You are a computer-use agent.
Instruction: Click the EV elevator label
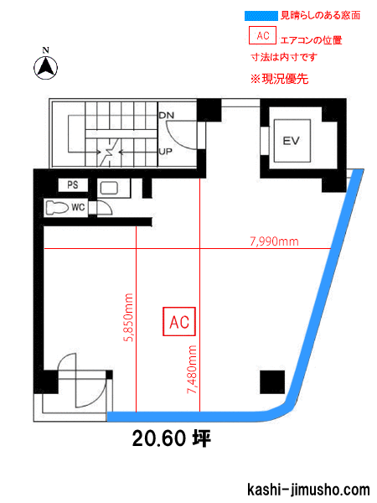click(291, 141)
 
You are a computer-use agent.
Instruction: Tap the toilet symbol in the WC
click(57, 208)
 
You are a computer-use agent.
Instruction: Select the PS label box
click(73, 184)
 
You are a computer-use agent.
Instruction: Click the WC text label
click(78, 208)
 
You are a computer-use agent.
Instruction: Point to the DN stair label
click(167, 116)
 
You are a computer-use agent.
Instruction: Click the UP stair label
click(166, 152)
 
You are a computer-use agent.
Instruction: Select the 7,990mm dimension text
click(275, 241)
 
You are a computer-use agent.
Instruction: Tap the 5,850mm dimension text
click(128, 317)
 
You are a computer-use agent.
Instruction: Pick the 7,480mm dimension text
click(192, 370)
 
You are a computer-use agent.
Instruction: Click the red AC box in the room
click(179, 322)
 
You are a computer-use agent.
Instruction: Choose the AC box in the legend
click(262, 35)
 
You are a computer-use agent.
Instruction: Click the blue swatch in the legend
click(261, 16)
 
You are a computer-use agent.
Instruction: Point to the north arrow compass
click(46, 68)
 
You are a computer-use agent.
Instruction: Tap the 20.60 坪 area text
click(172, 438)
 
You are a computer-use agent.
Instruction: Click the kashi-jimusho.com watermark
click(308, 490)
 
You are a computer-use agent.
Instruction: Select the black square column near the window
click(272, 382)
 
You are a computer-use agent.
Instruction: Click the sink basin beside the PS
click(109, 189)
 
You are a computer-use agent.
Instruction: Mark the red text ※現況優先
click(279, 79)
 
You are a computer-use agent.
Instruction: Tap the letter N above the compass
click(45, 50)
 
